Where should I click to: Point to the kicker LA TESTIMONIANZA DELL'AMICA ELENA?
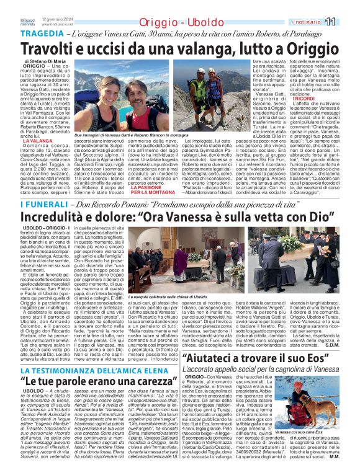coord(86,368)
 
